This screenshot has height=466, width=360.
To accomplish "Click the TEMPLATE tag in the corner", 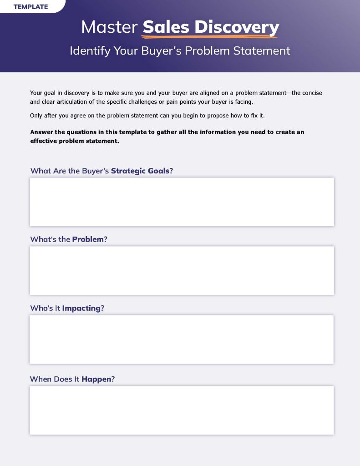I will point(30,7).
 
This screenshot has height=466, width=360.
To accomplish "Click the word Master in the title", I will point(109,27).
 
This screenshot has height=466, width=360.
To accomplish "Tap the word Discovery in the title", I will point(237,27).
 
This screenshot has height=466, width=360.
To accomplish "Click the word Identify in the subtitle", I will point(90,51).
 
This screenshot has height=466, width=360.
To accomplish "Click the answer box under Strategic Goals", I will point(182,202).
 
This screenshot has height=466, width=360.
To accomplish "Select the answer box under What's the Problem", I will point(182,270).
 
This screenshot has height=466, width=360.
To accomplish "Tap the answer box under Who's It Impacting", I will point(182,339).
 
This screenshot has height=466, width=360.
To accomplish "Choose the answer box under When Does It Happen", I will point(182,410).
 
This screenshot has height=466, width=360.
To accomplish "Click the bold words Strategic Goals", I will point(140,171).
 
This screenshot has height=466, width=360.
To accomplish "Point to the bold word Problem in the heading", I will point(88,239).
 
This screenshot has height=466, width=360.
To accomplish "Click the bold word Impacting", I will point(81,308).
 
